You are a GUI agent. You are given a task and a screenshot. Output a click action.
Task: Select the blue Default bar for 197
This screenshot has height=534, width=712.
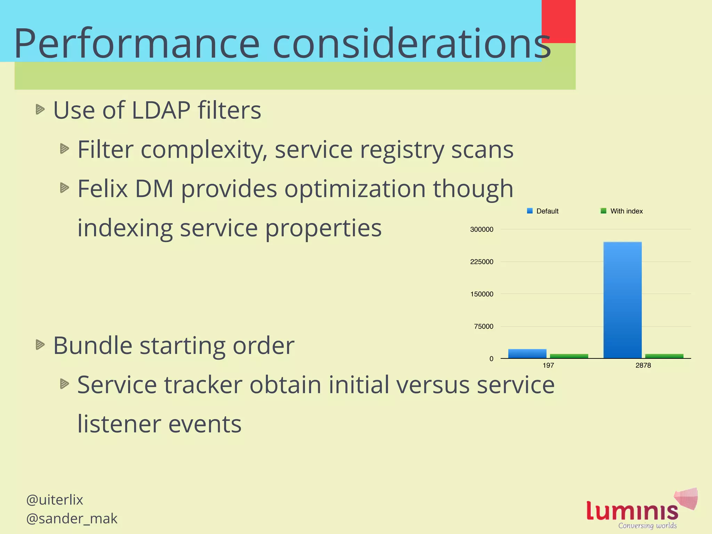tap(527, 354)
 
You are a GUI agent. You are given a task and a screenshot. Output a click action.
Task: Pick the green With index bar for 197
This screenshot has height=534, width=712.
tap(569, 356)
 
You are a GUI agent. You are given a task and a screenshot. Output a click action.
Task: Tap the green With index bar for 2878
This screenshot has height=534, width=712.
tap(664, 356)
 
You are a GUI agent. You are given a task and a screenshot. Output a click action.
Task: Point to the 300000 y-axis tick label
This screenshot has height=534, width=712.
tap(482, 229)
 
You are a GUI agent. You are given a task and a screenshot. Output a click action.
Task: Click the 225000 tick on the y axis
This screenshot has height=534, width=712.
tap(482, 262)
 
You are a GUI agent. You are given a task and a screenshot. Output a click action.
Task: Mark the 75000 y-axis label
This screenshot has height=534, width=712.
tap(484, 326)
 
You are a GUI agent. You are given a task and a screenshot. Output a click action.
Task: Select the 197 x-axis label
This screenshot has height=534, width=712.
tap(548, 365)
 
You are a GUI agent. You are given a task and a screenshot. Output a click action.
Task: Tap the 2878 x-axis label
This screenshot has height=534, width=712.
tap(643, 365)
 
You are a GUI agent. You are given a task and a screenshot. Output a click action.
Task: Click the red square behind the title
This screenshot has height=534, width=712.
tap(559, 21)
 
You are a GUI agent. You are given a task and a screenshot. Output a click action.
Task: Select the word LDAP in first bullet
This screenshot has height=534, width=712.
tap(161, 110)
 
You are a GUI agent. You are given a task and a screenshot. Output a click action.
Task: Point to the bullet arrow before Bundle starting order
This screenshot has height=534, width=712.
tap(40, 345)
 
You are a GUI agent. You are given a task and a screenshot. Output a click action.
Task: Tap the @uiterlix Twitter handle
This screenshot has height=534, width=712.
tap(55, 500)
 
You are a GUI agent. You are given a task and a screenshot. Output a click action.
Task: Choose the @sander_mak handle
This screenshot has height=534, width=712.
tap(72, 519)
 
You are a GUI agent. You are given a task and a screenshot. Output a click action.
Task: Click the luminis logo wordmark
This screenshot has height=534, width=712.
tap(632, 511)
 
